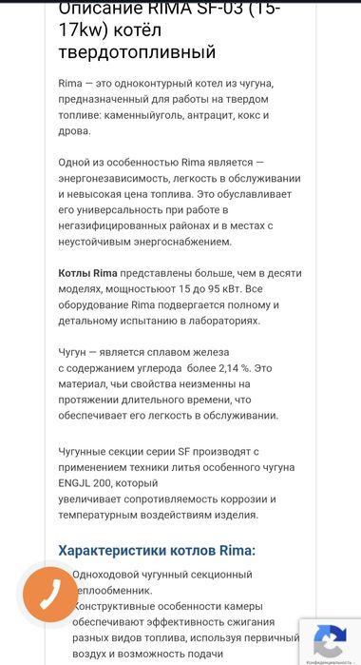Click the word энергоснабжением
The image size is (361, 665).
point(174,242)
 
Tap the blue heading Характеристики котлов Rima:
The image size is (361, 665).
point(157,550)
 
